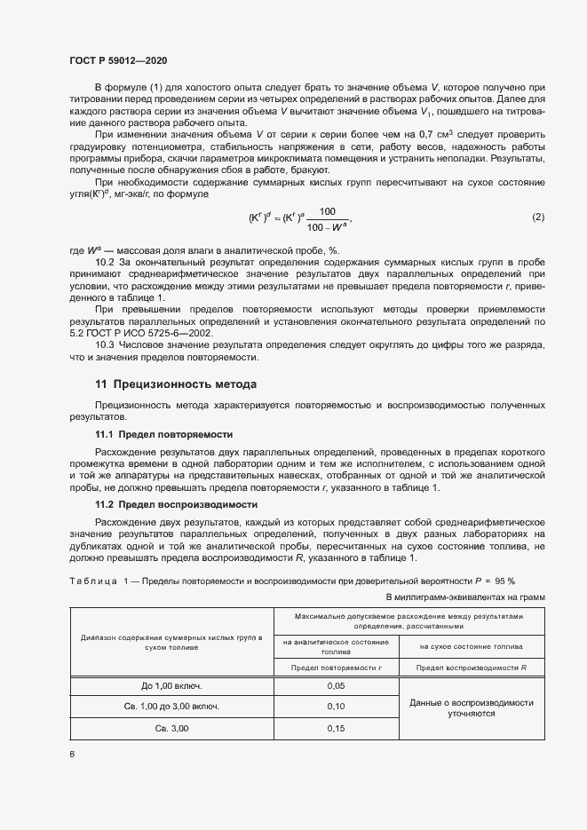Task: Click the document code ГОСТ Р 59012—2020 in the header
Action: coord(117,60)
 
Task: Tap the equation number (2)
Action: coord(538,217)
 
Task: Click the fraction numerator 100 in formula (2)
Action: coord(328,211)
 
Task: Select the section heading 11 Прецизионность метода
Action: coord(176,384)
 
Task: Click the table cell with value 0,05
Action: coord(336,686)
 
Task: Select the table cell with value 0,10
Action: coord(336,707)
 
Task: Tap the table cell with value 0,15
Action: coord(336,728)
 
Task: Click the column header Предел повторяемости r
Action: coord(336,667)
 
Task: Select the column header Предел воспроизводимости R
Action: coord(471,667)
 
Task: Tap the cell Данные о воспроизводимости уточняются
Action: coord(471,707)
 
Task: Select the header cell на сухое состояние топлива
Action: coord(471,646)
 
